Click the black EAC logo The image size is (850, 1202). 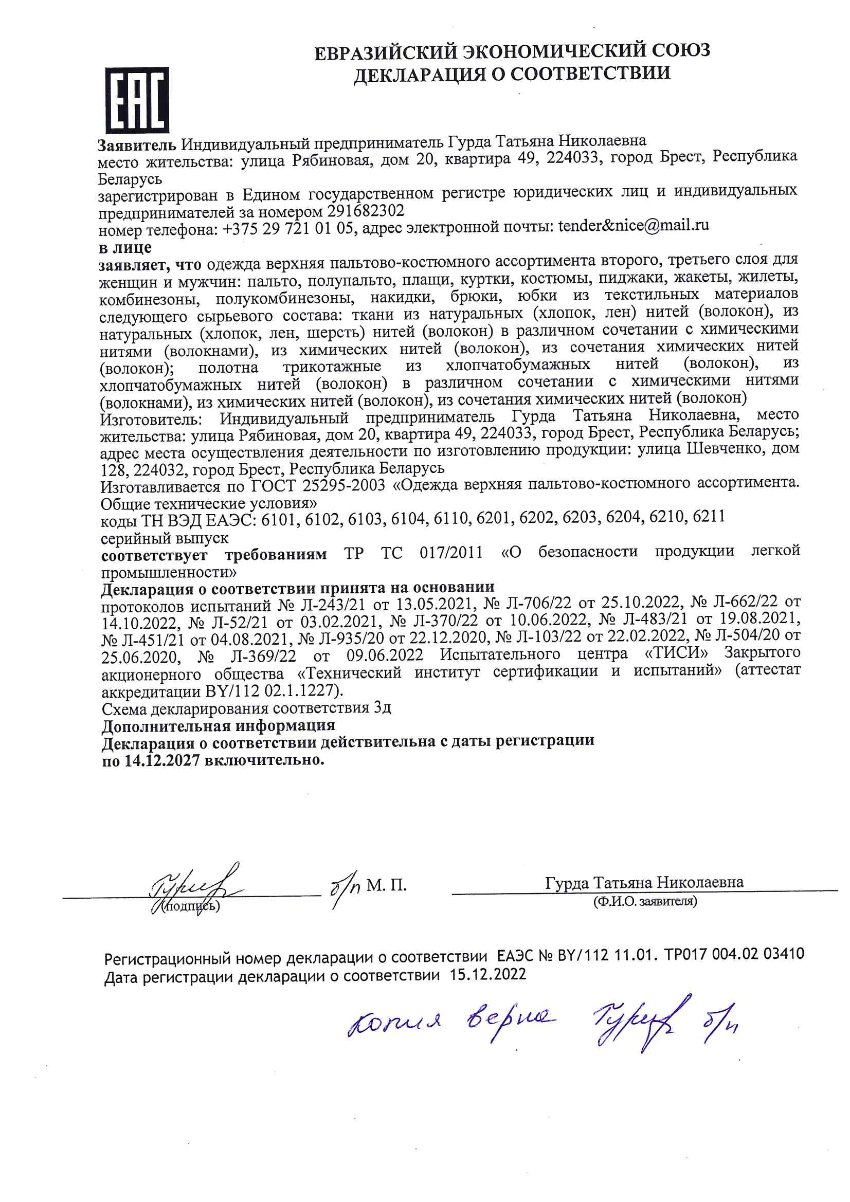click(137, 99)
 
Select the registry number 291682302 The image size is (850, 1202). click(366, 210)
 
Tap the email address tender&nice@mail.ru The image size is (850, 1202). click(633, 226)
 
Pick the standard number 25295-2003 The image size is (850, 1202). click(343, 485)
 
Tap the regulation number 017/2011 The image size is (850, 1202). click(451, 553)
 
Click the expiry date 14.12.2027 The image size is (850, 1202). click(162, 760)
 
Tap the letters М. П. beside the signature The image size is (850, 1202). click(386, 885)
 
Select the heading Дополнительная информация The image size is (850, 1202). click(218, 725)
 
